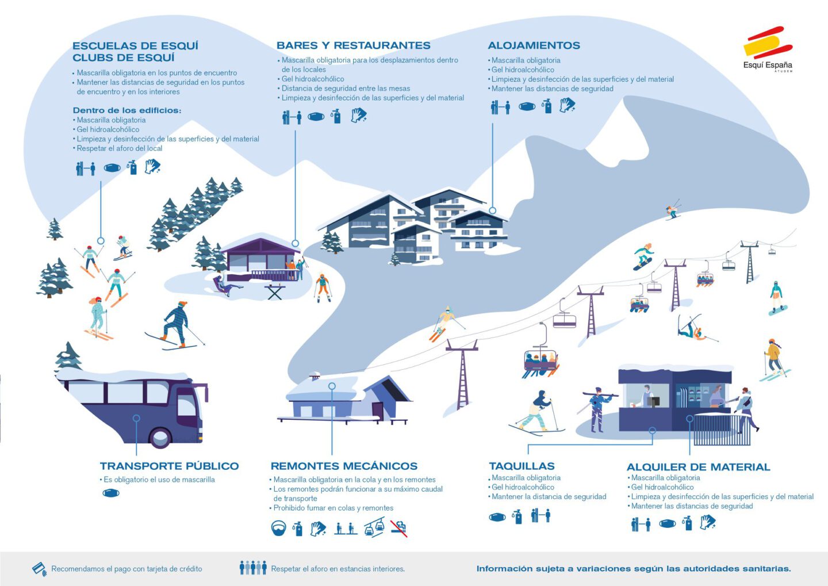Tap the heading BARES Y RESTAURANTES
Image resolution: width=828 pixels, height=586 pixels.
(x=354, y=45)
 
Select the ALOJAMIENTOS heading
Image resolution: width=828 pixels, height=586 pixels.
(x=534, y=45)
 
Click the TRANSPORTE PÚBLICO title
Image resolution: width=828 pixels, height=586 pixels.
(x=169, y=466)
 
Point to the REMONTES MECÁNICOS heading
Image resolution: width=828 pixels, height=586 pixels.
(x=344, y=466)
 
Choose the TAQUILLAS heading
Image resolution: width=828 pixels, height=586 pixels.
(x=522, y=466)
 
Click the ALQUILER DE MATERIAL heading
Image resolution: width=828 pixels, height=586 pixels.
(x=698, y=467)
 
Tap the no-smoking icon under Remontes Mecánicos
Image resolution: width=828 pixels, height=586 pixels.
(x=399, y=528)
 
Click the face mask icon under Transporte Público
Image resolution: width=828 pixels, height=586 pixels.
(x=111, y=493)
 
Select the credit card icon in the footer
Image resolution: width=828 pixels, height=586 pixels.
(x=39, y=569)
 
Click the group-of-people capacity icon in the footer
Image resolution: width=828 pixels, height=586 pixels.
(x=253, y=568)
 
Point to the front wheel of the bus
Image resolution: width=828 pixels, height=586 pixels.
(x=160, y=438)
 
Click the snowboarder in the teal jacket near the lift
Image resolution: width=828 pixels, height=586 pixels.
(x=643, y=256)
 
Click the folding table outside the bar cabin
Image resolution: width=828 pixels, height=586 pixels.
(x=275, y=292)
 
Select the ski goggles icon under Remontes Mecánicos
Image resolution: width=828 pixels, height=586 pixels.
(x=278, y=528)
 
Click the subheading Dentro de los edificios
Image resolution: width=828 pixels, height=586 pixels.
(x=127, y=110)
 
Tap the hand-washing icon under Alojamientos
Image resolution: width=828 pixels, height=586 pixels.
(x=567, y=105)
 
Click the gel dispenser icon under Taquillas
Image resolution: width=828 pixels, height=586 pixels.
(x=517, y=516)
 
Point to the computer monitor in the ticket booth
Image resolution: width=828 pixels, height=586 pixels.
(x=653, y=401)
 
